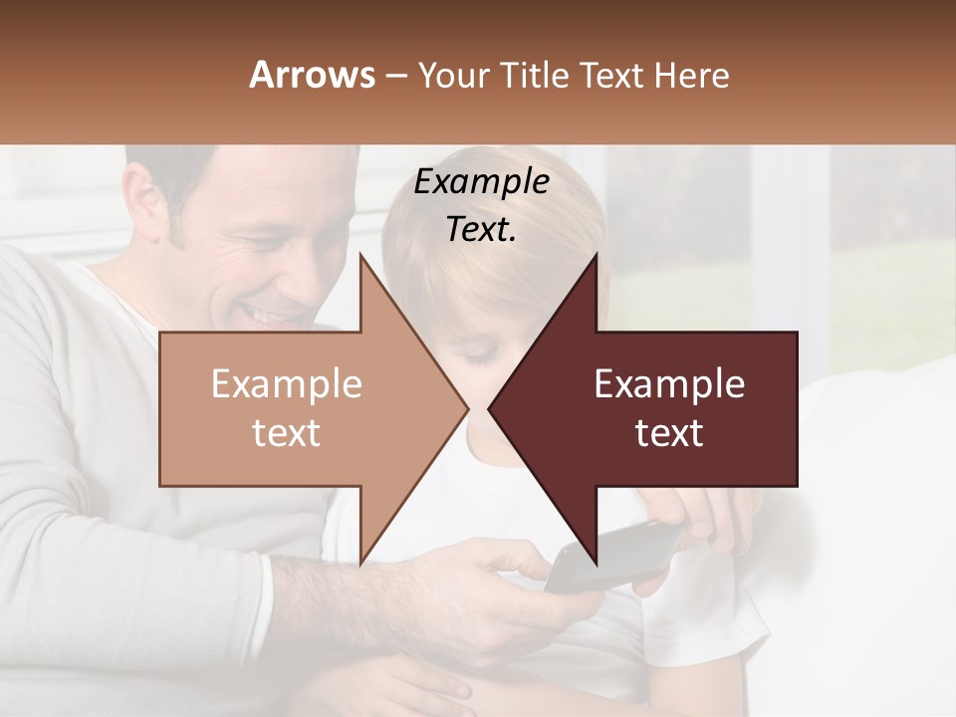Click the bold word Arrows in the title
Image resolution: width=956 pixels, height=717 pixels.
pos(312,75)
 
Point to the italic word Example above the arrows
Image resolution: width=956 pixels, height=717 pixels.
pos(481,182)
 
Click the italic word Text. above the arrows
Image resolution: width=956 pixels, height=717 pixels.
pos(481,230)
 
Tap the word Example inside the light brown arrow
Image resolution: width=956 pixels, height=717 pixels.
pos(286,384)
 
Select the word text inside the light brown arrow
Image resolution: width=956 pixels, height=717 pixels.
pos(286,432)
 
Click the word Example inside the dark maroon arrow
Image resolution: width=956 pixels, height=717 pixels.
pos(669,384)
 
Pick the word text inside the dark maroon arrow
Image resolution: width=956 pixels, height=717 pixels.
pos(669,432)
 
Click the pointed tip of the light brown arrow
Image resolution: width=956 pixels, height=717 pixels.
pos(467,408)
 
